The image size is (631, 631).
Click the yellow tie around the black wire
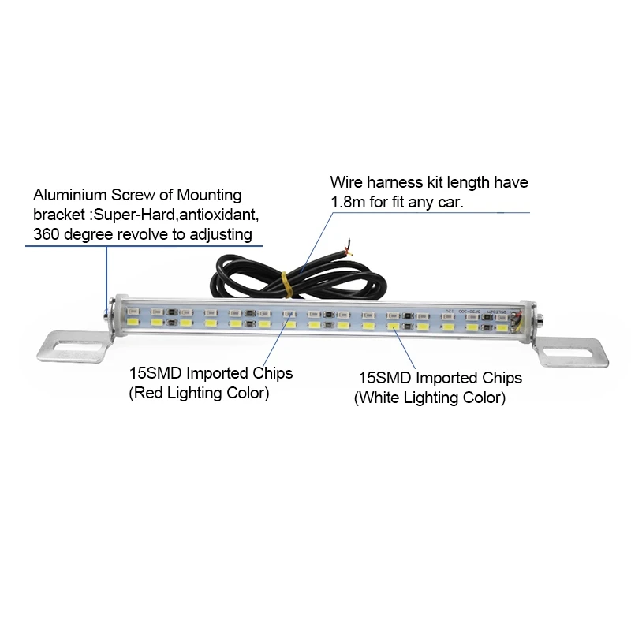click(x=286, y=284)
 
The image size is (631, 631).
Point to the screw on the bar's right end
click(x=540, y=320)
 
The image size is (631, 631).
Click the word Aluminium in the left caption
click(x=70, y=195)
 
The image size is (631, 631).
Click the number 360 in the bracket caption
click(x=47, y=234)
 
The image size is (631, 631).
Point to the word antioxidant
click(x=218, y=215)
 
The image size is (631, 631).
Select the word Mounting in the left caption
click(x=209, y=196)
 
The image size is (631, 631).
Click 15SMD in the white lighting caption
click(x=385, y=379)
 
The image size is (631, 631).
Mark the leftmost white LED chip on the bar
click(x=133, y=322)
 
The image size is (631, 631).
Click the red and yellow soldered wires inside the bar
click(x=516, y=322)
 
